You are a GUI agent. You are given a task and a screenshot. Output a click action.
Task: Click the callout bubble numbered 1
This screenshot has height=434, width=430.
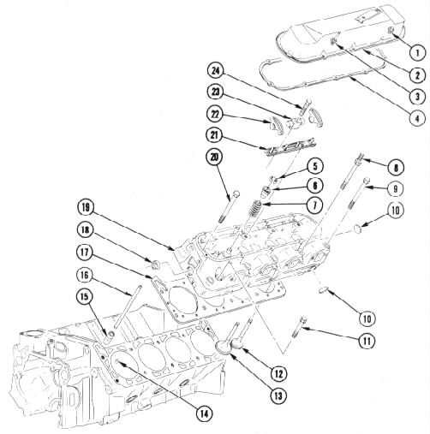coord(417,53)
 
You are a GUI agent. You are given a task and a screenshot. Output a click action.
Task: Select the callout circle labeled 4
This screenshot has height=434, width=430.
coord(417,117)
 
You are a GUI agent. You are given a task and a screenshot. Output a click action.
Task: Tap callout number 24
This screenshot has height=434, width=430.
coord(216,71)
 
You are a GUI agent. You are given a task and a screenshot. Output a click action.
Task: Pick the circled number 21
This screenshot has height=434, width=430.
coord(216,135)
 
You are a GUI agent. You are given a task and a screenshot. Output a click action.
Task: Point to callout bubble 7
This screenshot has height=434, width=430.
coord(314,205)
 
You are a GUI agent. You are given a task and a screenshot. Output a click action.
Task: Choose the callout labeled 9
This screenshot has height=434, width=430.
coord(396,188)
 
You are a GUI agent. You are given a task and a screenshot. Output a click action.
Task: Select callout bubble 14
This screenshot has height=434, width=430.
coord(205,413)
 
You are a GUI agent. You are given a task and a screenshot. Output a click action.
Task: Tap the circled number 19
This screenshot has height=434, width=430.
coord(86,208)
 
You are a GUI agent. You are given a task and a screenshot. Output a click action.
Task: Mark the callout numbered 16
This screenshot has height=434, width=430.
coord(86,275)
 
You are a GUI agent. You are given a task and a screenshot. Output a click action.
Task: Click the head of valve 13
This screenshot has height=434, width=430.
coord(223,348)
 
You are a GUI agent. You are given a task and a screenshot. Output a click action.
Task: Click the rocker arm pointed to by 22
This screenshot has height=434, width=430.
coord(276,123)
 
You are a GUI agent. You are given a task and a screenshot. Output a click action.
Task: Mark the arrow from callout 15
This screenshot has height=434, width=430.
coord(99,318)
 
